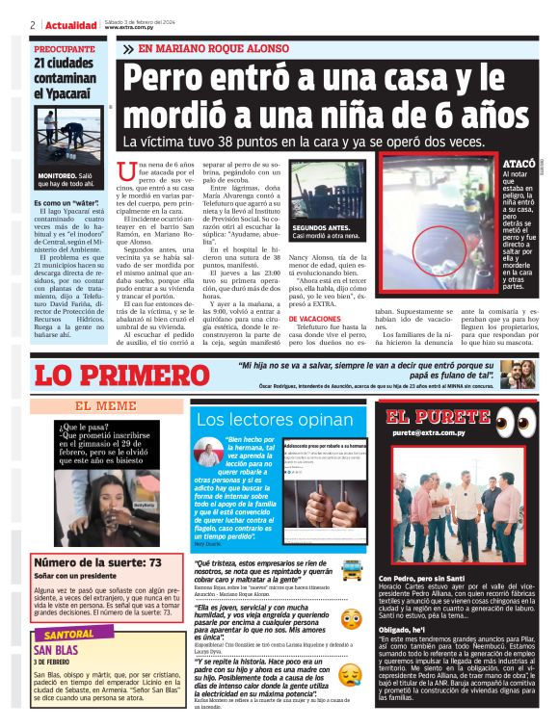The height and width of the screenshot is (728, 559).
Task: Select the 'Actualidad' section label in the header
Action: coord(71,24)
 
